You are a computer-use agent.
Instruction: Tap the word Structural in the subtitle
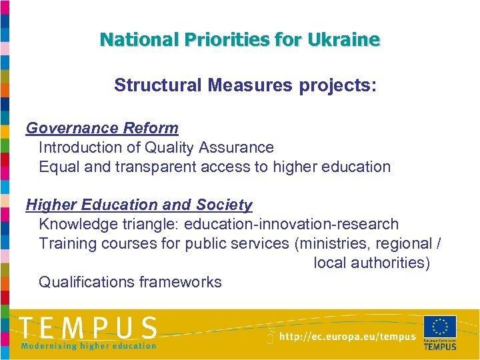157,86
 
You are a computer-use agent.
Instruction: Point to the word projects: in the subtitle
338,86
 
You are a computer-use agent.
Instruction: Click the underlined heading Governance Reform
102,128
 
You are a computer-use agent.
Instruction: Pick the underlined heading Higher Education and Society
139,205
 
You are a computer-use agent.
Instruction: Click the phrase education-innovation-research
291,225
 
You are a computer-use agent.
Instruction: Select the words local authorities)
372,263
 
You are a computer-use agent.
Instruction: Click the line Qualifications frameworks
130,283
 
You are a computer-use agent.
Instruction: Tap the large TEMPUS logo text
88,328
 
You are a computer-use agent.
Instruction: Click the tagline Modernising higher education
88,345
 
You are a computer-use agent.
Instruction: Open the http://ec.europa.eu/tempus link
347,337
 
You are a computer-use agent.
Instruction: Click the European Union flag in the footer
440,327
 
